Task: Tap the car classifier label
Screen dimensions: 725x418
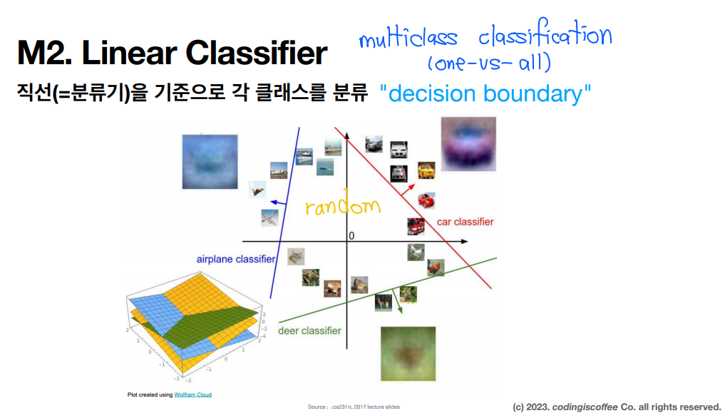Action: [465, 222]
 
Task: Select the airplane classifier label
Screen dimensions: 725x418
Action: [236, 259]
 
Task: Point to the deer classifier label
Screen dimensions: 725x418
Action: [309, 330]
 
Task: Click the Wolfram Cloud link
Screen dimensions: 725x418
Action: [192, 395]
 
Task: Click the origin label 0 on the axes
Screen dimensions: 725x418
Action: [351, 235]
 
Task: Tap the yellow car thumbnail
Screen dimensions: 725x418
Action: [426, 170]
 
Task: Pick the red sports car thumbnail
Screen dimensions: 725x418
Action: [426, 201]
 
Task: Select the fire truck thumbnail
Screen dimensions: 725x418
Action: [416, 226]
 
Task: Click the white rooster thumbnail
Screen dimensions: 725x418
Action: [416, 253]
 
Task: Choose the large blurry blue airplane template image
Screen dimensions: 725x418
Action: [210, 161]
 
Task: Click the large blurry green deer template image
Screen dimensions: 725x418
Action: [408, 354]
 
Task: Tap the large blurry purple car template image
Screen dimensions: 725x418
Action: [468, 144]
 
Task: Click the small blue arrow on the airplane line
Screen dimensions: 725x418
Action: [278, 203]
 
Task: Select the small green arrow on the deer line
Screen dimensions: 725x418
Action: [397, 301]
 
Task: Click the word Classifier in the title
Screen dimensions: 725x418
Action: [257, 53]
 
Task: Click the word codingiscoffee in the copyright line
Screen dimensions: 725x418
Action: [585, 407]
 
